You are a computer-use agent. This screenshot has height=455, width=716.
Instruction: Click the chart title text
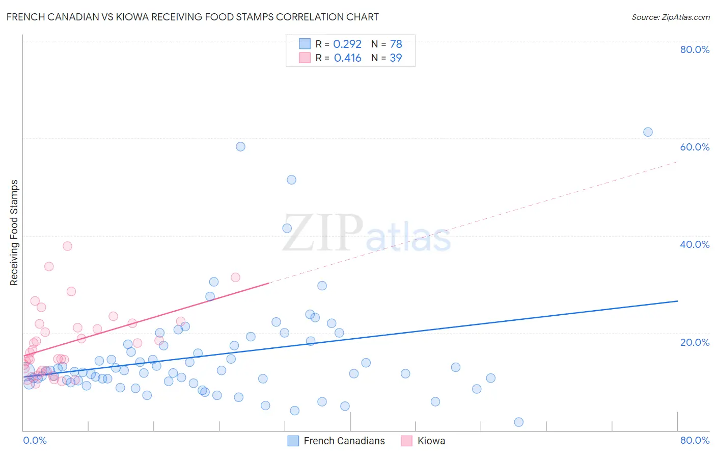click(192, 17)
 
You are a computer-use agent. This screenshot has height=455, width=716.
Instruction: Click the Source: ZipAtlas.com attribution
click(670, 17)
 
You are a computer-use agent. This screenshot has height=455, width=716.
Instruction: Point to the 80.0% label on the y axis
click(695, 49)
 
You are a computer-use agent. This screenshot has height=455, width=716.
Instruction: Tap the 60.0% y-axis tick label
click(695, 147)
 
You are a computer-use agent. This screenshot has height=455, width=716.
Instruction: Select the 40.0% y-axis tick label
click(695, 244)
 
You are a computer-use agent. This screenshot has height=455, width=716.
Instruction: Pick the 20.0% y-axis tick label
click(695, 342)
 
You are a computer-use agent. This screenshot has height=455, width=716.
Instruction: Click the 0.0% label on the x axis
click(35, 440)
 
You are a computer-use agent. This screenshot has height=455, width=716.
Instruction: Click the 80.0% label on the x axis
click(695, 440)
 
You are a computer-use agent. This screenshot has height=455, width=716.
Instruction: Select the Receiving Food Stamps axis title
click(14, 233)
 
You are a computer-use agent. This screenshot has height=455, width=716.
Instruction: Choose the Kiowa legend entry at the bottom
click(431, 441)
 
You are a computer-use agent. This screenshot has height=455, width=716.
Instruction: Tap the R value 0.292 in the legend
click(347, 44)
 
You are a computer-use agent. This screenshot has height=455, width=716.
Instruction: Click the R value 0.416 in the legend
click(347, 58)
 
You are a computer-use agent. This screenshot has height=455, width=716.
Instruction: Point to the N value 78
click(396, 44)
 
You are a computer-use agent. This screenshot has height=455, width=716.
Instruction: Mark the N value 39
click(396, 58)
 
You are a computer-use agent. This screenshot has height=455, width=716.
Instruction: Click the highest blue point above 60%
click(648, 132)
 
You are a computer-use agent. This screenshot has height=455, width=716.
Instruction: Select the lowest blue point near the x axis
click(518, 422)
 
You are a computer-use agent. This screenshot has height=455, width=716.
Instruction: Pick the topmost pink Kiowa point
click(67, 246)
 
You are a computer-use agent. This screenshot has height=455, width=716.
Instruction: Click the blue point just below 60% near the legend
click(240, 146)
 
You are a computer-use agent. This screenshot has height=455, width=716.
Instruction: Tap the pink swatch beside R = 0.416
click(305, 58)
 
